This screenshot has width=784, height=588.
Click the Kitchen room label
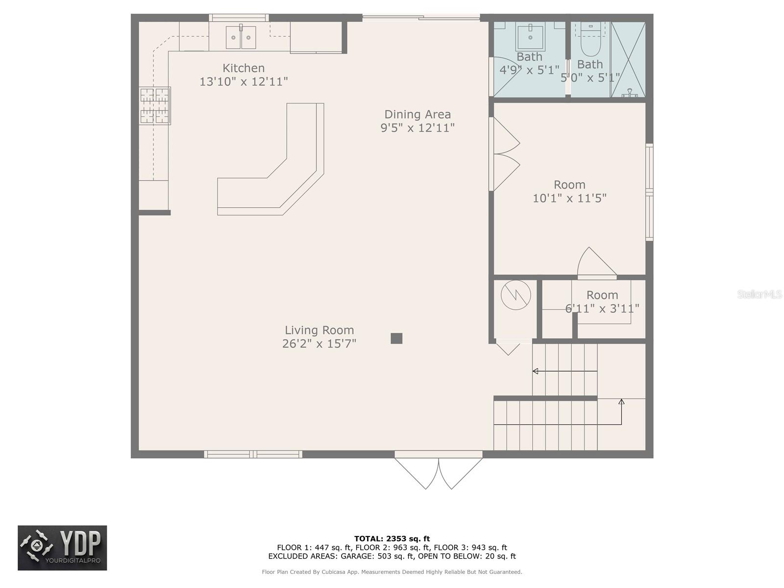coord(244,68)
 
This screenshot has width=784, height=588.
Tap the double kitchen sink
coord(241,38)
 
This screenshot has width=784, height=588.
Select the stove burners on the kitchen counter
coord(155,105)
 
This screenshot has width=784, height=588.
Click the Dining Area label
coord(417,114)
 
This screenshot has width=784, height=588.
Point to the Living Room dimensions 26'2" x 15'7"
coord(319,343)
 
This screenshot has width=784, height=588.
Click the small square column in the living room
coord(396,338)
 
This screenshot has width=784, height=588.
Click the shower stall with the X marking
coord(628,59)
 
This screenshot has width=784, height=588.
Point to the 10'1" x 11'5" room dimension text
coord(569,198)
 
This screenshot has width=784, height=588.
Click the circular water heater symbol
coord(516,295)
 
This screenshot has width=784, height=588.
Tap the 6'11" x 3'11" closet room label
coord(602,301)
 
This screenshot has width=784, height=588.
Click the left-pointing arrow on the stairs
coord(536,371)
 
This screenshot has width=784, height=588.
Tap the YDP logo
coord(62,548)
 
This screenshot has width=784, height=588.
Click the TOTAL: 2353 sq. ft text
coord(392,539)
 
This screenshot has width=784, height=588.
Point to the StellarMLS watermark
coord(759,294)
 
